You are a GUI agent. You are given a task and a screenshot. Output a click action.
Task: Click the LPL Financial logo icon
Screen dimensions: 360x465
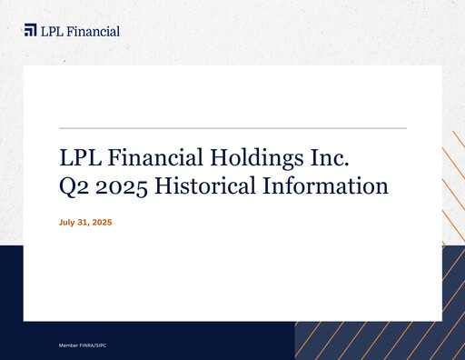tap(31, 31)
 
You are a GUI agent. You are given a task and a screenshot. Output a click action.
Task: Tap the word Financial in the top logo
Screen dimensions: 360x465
tap(94, 31)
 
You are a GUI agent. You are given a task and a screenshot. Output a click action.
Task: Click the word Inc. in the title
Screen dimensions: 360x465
tap(326, 158)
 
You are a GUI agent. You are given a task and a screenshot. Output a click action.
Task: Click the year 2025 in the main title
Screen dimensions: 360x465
tap(123, 188)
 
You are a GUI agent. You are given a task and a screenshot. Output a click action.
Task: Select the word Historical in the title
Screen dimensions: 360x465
tap(206, 188)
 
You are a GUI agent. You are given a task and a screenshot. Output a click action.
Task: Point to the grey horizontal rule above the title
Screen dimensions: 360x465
tap(232, 130)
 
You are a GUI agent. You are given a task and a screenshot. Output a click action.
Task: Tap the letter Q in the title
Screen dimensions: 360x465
tap(67, 188)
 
